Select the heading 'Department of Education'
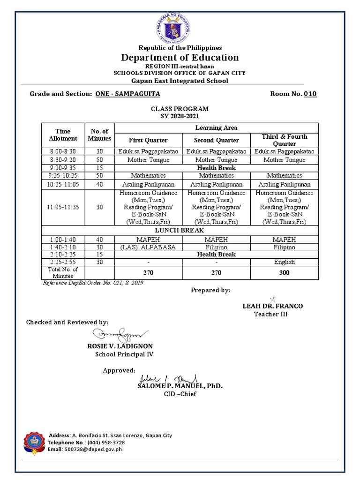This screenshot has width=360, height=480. (180, 58)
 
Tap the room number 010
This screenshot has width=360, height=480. (310, 94)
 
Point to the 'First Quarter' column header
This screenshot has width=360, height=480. (148, 140)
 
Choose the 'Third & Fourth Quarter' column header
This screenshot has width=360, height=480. (285, 140)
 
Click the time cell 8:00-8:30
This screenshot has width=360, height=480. (63, 151)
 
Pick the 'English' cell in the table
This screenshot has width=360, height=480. (285, 262)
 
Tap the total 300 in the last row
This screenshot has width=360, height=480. (285, 272)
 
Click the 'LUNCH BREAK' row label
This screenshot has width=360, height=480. (180, 231)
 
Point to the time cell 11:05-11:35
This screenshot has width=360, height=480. (63, 208)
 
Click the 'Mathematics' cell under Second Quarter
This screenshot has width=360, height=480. (216, 175)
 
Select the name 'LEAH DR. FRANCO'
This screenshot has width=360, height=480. (272, 306)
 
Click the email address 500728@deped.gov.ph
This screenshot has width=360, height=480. (98, 449)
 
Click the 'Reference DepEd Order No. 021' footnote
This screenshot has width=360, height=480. (93, 283)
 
